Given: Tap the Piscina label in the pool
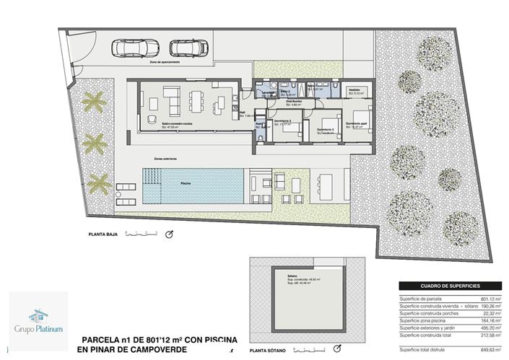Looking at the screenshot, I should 186,184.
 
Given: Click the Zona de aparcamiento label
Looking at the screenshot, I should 165,63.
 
